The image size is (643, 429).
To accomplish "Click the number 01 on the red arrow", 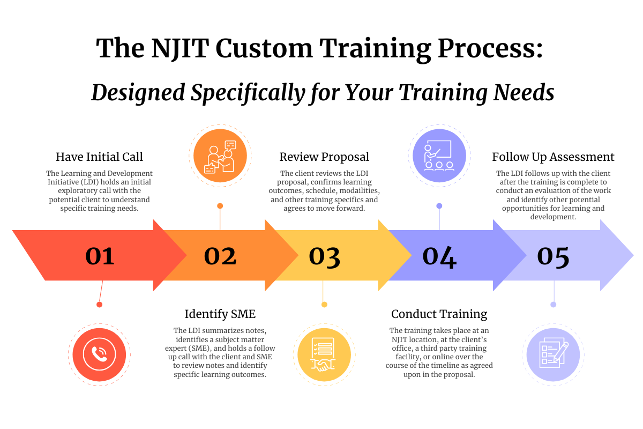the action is [x=100, y=256].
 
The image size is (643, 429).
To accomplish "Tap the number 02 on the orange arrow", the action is [x=220, y=256].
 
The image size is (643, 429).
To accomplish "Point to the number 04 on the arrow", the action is [x=439, y=257].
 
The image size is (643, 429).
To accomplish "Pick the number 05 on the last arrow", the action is [x=553, y=257].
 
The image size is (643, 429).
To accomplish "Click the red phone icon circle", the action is [x=99, y=354].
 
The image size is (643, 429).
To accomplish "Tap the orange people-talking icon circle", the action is [x=220, y=156].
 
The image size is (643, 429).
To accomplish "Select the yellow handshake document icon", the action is [x=324, y=354].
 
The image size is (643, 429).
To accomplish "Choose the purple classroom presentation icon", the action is [x=439, y=156].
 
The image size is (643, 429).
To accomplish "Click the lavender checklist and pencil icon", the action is [x=553, y=354].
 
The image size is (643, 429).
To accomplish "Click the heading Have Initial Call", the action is [x=99, y=157].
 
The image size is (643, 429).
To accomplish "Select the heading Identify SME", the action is [x=220, y=314].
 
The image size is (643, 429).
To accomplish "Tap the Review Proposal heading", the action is [x=324, y=157].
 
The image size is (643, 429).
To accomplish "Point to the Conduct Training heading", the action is [x=439, y=314].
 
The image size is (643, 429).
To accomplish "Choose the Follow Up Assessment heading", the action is [x=553, y=157].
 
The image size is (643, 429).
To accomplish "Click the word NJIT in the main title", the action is [x=180, y=48].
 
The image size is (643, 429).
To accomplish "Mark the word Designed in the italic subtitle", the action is [x=138, y=93].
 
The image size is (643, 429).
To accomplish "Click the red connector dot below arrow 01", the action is [x=99, y=305].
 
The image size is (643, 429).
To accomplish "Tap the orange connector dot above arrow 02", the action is [x=220, y=206].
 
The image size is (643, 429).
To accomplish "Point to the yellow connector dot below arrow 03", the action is [x=324, y=305].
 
